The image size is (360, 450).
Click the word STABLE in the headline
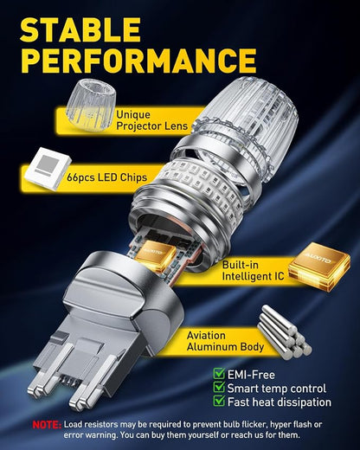tap(80, 29)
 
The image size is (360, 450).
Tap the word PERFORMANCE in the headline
tap(138, 61)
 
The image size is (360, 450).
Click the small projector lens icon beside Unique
tap(91, 105)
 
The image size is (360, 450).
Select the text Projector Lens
tap(152, 126)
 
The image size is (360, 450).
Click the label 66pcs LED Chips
tap(106, 177)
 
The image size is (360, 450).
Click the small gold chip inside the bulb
tap(156, 255)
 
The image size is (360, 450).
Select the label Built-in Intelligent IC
tap(253, 271)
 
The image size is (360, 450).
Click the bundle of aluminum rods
tap(284, 332)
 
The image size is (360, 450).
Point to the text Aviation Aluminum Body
tap(225, 341)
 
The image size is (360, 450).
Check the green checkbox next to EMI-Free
tap(219, 374)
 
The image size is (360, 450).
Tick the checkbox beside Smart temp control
tap(219, 387)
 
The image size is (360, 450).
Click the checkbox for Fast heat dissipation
tap(219, 401)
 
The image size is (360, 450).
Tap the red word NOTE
tap(47, 425)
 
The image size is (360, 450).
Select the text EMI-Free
tap(251, 375)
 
